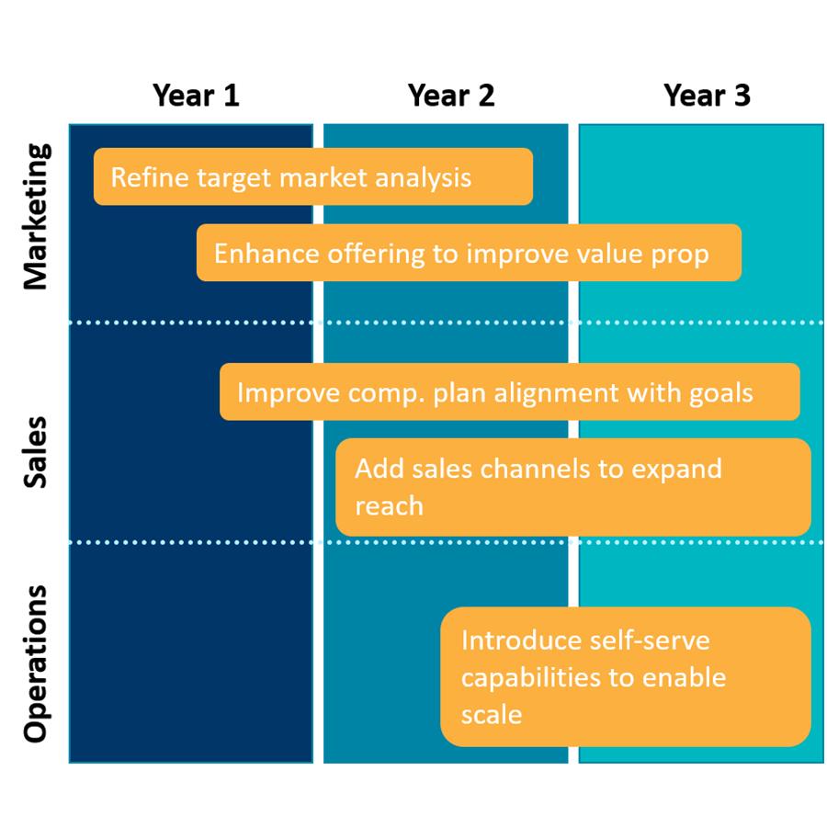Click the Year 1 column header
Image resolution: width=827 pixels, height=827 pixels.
pyautogui.click(x=196, y=96)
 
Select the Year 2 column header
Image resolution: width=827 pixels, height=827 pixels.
pyautogui.click(x=451, y=96)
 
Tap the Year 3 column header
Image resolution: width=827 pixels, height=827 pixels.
pyautogui.click(x=707, y=96)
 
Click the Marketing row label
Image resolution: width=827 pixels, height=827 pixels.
pyautogui.click(x=37, y=216)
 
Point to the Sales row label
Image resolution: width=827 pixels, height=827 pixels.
pyautogui.click(x=36, y=452)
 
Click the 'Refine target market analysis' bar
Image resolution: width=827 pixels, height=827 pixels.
pyautogui.click(x=313, y=176)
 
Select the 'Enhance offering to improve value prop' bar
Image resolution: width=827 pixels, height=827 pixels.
pyautogui.click(x=469, y=253)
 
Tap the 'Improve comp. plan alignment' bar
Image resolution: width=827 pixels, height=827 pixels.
pyautogui.click(x=509, y=391)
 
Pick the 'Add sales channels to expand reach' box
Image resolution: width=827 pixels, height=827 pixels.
pyautogui.click(x=573, y=487)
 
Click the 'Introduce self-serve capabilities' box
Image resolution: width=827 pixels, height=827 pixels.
pyautogui.click(x=626, y=676)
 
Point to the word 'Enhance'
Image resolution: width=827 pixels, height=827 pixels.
pyautogui.click(x=266, y=254)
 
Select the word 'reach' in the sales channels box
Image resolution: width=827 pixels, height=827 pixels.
pyautogui.click(x=390, y=506)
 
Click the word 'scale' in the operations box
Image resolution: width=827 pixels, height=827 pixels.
pyautogui.click(x=492, y=715)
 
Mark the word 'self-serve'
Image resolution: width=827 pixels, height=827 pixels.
pyautogui.click(x=650, y=640)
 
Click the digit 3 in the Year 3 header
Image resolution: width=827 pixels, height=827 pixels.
pyautogui.click(x=742, y=96)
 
